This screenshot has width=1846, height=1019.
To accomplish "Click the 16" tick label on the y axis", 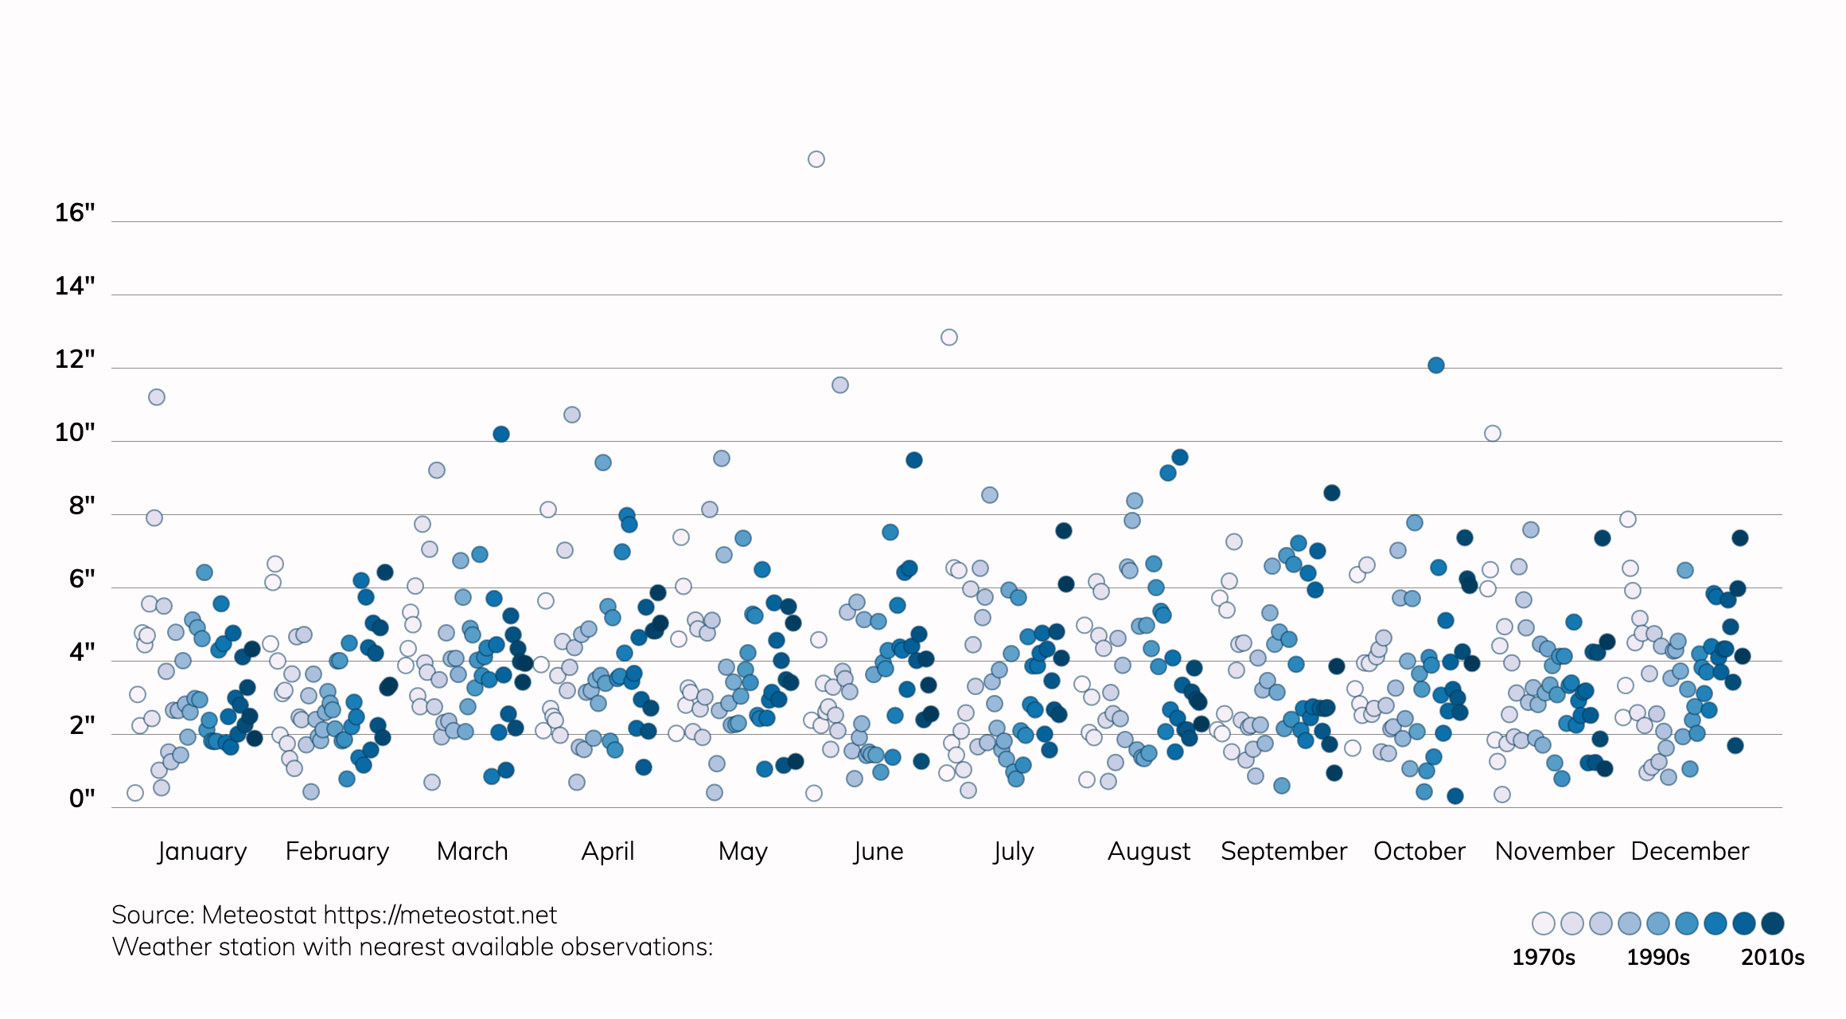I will click(74, 213).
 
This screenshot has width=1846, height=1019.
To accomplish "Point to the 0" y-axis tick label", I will click(81, 798).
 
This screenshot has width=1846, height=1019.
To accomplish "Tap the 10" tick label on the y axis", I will click(74, 433).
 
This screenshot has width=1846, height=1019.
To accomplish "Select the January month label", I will click(202, 851).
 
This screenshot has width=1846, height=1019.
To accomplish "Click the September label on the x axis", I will click(1283, 851).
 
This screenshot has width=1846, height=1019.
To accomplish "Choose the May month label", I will click(742, 851).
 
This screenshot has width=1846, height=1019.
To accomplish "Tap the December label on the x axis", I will click(1689, 851).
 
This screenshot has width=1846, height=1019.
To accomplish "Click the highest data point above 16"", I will click(816, 159).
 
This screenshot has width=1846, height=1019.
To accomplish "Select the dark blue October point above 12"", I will click(1435, 365).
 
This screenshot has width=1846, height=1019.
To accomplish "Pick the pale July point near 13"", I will click(948, 338).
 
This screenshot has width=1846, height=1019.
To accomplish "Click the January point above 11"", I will click(157, 397).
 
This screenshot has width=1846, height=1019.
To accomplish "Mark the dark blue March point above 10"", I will click(500, 434).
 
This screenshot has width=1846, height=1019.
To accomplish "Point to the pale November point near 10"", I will click(1492, 434).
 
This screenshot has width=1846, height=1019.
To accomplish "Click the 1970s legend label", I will click(1543, 957).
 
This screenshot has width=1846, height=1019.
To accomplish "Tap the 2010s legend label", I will click(1772, 957).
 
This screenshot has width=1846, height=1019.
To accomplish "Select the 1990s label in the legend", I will click(1657, 957).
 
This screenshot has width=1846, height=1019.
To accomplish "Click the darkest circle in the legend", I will click(1772, 923).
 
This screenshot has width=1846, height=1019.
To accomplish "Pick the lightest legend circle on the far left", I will click(1543, 923).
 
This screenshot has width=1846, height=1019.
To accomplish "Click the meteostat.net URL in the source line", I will click(440, 916).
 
